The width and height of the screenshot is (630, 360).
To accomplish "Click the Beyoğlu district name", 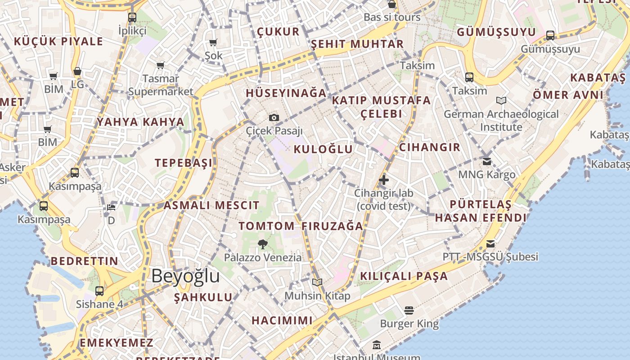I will click(185, 276).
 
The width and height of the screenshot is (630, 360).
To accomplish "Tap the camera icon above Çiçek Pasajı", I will click(274, 118).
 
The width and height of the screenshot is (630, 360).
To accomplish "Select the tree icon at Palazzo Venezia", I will click(263, 244).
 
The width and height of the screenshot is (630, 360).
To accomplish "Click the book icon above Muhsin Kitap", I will click(317, 282).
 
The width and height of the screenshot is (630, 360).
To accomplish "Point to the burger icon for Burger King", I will click(409, 310).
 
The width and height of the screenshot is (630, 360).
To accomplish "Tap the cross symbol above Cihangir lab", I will click(383, 180).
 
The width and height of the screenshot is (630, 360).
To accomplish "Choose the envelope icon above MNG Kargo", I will click(486, 161).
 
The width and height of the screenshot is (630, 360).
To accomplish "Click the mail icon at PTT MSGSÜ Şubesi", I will click(490, 244).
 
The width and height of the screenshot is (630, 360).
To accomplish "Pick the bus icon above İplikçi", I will click(132, 18).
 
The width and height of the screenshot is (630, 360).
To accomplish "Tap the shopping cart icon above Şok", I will click(213, 43).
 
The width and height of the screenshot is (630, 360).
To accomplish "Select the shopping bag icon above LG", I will click(77, 72).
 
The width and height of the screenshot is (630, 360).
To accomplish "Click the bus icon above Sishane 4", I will click(99, 291).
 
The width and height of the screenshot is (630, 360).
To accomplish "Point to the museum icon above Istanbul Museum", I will click(377, 346).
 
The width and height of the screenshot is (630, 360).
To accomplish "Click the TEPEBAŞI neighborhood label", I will click(184, 163).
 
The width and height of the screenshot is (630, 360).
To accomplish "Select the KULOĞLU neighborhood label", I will click(323, 149).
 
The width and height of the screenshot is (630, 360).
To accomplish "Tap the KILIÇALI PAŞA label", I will click(404, 276).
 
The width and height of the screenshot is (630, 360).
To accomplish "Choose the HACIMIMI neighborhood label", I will click(282, 320).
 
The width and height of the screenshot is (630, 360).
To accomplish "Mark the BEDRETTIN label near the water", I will click(84, 261).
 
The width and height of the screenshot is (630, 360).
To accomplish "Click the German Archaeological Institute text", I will click(501, 121).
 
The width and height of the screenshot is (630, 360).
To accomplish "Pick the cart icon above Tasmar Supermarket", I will click(161, 66).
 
